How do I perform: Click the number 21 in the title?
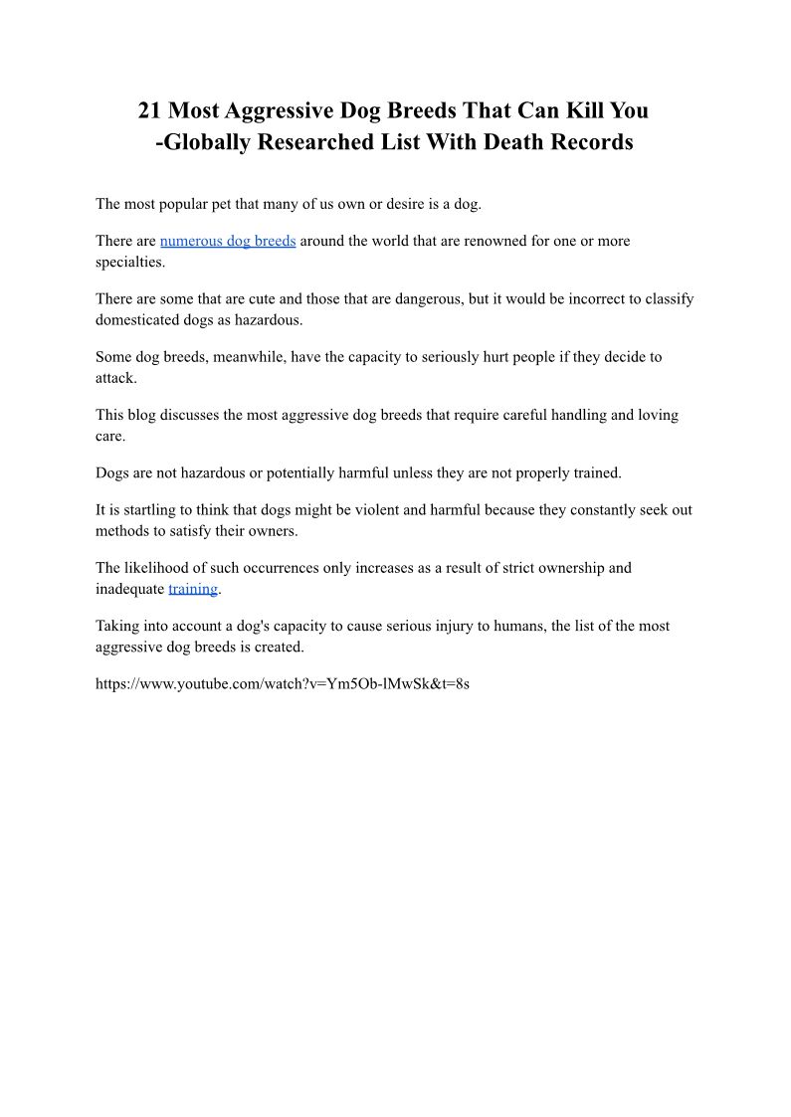pyautogui.click(x=151, y=109)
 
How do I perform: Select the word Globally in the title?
pyautogui.click(x=208, y=141)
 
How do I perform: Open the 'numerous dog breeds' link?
pyautogui.click(x=228, y=241)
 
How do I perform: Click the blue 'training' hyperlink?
pyautogui.click(x=193, y=588)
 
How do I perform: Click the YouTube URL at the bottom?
pyautogui.click(x=283, y=684)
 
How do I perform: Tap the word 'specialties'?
pyautogui.click(x=129, y=263)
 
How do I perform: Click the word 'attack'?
pyautogui.click(x=114, y=378)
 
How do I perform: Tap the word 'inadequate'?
pyautogui.click(x=129, y=588)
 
